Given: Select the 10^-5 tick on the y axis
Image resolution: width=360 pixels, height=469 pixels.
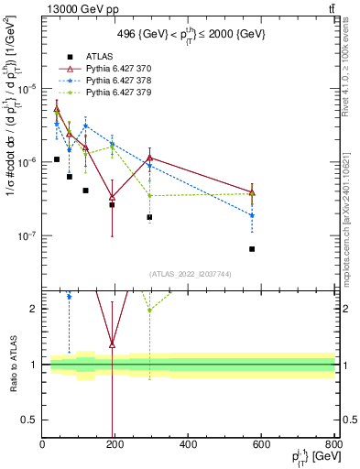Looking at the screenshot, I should (x=27, y=88).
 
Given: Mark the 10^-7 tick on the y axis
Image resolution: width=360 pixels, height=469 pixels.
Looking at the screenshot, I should (x=27, y=235).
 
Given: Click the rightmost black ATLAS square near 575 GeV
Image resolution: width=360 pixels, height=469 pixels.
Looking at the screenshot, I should (x=252, y=249).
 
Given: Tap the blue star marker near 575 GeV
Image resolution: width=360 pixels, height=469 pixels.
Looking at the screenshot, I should (x=252, y=215).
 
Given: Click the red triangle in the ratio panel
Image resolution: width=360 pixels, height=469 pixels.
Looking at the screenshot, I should (x=112, y=344).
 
